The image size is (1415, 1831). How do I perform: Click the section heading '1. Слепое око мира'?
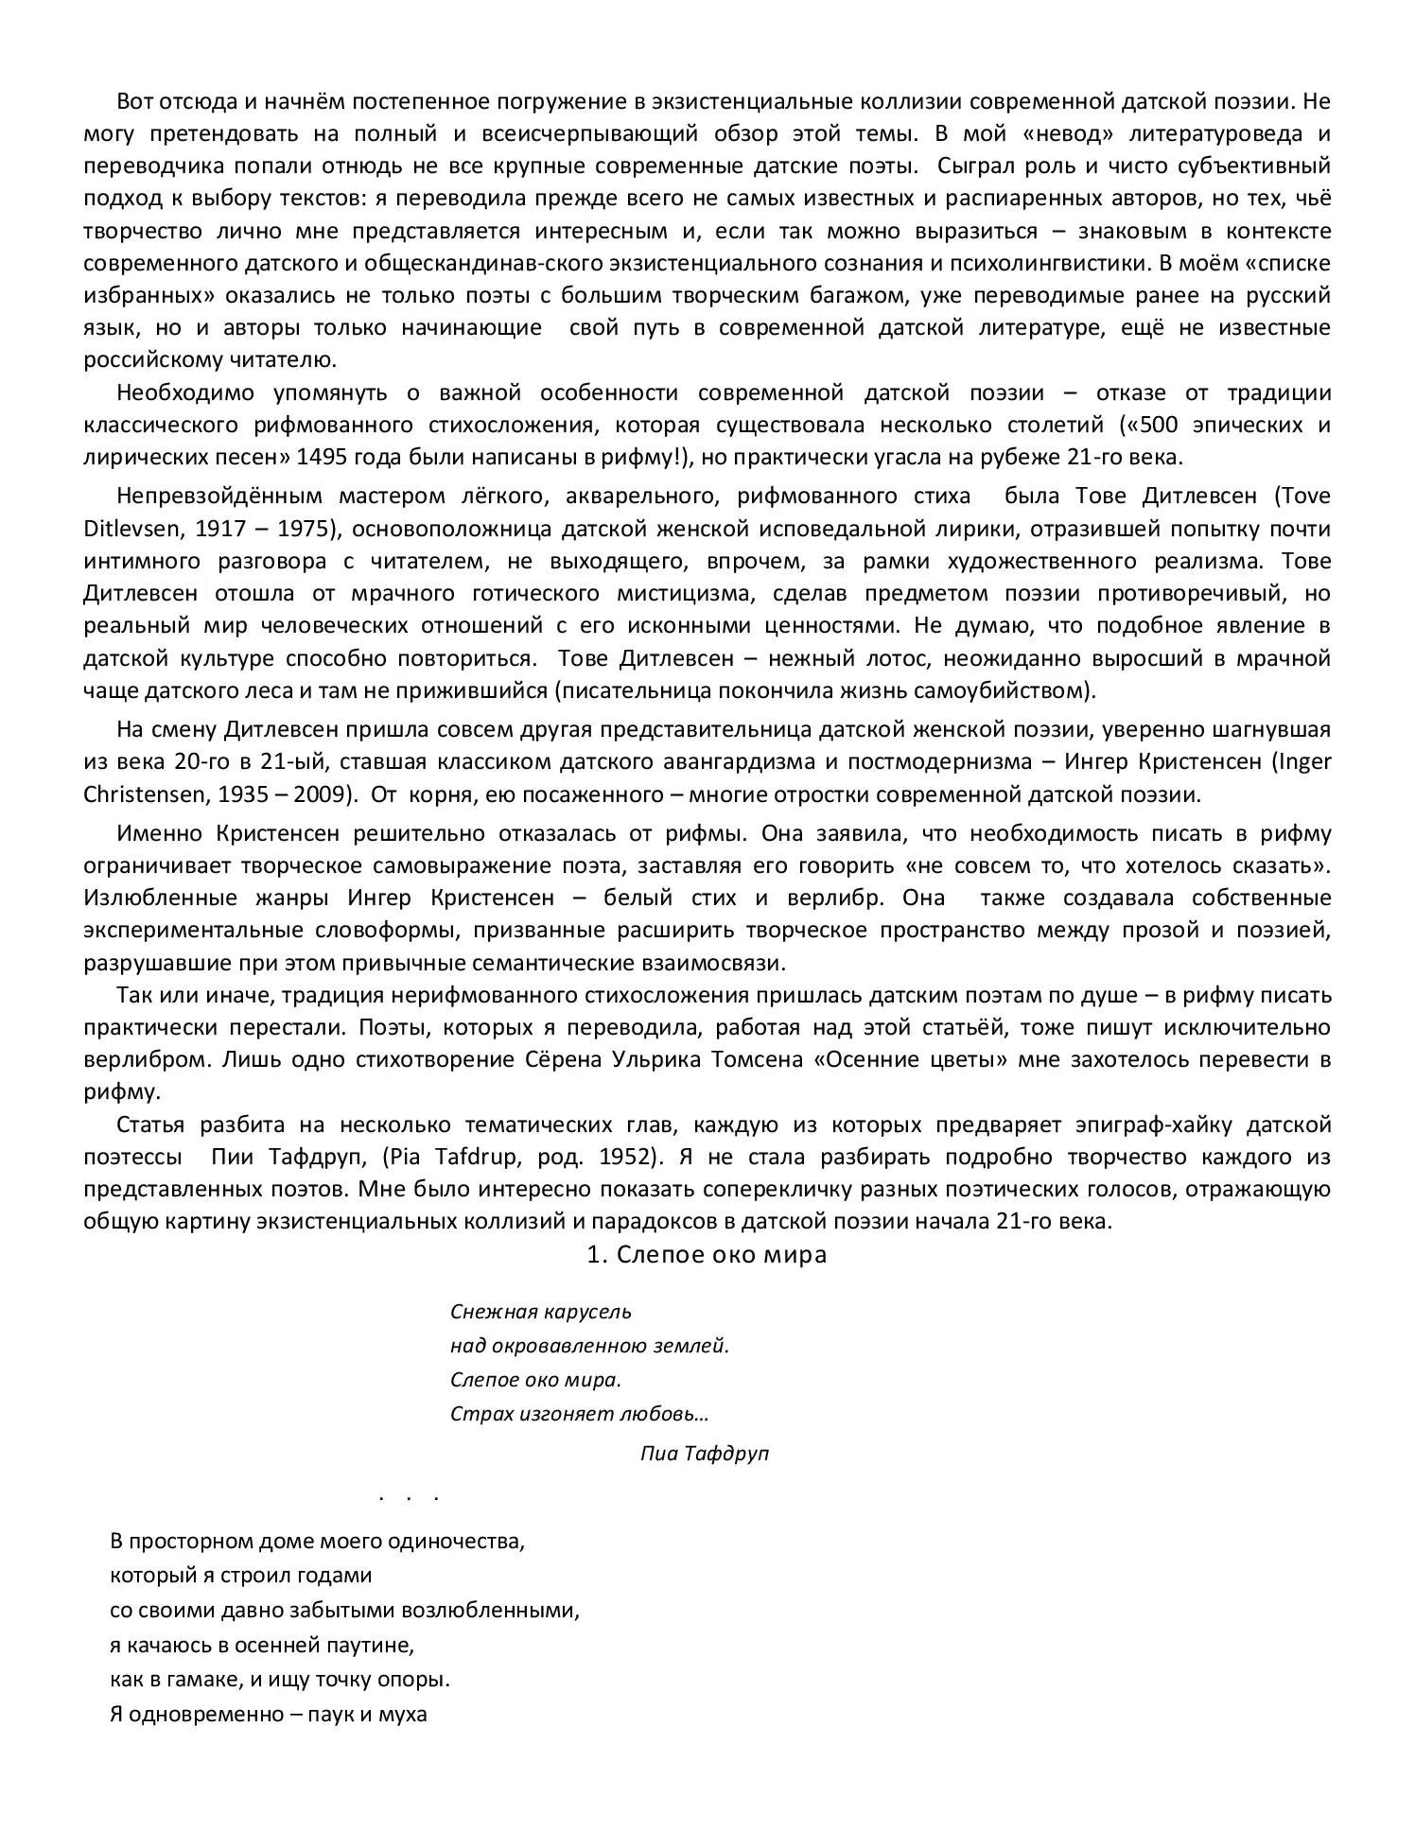tap(707, 1254)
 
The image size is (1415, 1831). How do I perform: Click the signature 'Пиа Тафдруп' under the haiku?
tap(704, 1453)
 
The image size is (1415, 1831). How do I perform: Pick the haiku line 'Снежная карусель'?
tap(541, 1312)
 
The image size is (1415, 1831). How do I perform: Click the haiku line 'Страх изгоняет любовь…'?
tap(580, 1414)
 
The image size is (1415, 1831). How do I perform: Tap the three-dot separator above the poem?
tap(409, 1498)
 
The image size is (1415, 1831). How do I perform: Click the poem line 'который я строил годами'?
tap(241, 1575)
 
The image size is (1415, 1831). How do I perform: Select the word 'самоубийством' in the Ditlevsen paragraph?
tap(1010, 689)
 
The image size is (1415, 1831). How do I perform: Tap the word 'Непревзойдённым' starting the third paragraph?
tap(219, 496)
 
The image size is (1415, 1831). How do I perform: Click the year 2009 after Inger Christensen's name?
tap(318, 793)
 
